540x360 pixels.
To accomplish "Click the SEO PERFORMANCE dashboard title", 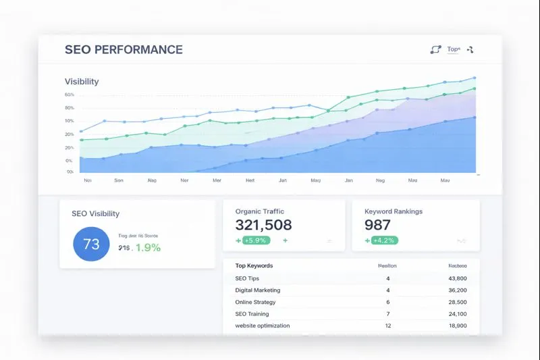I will tap(124, 50).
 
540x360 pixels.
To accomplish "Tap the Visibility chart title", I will tap(82, 82).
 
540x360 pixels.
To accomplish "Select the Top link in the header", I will tap(453, 49).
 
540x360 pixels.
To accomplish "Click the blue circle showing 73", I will tap(91, 245).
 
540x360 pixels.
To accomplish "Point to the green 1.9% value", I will tap(148, 248).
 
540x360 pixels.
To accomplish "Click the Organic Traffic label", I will tap(260, 211).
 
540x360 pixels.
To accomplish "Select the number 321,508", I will tap(263, 226).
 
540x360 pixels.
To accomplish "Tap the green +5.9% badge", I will tap(256, 240).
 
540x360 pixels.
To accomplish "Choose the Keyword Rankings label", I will tap(394, 211).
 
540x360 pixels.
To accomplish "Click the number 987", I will tap(377, 226).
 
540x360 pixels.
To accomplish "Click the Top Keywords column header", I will tap(254, 266).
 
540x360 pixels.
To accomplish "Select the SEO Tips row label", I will tap(247, 278).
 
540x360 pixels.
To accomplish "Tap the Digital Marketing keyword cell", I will tap(258, 290).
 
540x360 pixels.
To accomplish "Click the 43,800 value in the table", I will tap(457, 278).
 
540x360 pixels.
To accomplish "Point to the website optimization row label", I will tap(263, 326).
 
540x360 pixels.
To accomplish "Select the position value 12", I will tap(388, 326).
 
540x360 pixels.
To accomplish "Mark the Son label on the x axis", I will tap(119, 181).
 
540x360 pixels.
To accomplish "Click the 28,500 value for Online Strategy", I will tap(457, 302).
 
